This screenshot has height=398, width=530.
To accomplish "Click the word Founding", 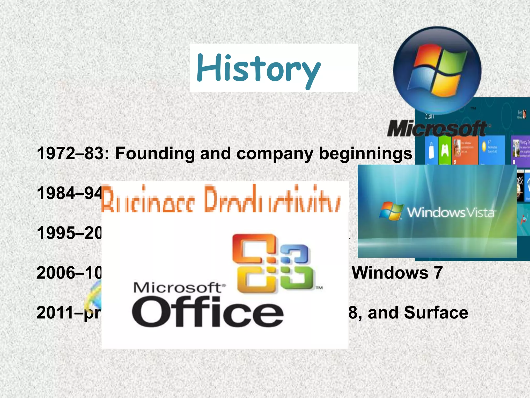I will [x=154, y=153].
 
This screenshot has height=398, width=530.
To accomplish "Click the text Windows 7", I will [x=397, y=273].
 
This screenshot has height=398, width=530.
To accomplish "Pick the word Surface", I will [x=436, y=313].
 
